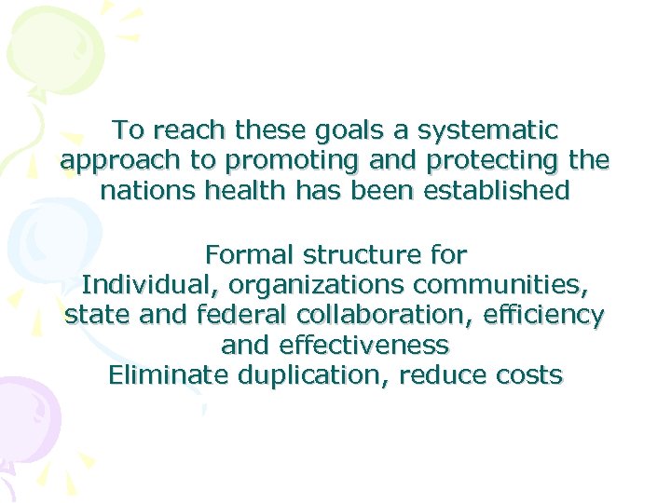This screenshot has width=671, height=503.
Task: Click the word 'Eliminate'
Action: pos(168,376)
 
